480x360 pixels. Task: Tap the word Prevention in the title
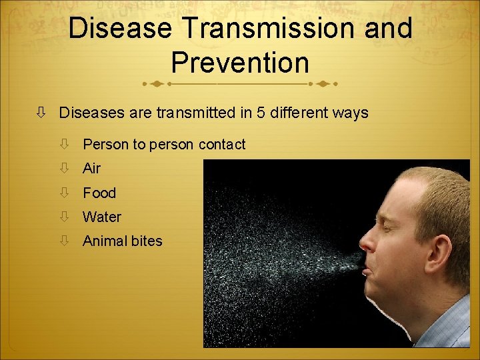240,63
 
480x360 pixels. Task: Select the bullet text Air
91,169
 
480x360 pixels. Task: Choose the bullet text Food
99,193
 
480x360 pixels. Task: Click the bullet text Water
102,217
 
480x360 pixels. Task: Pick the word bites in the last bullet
147,241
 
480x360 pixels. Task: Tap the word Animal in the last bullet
105,241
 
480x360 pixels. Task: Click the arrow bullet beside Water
65,217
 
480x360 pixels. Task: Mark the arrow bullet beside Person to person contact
65,144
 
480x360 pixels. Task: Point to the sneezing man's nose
368,242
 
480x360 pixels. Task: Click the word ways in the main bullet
351,113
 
